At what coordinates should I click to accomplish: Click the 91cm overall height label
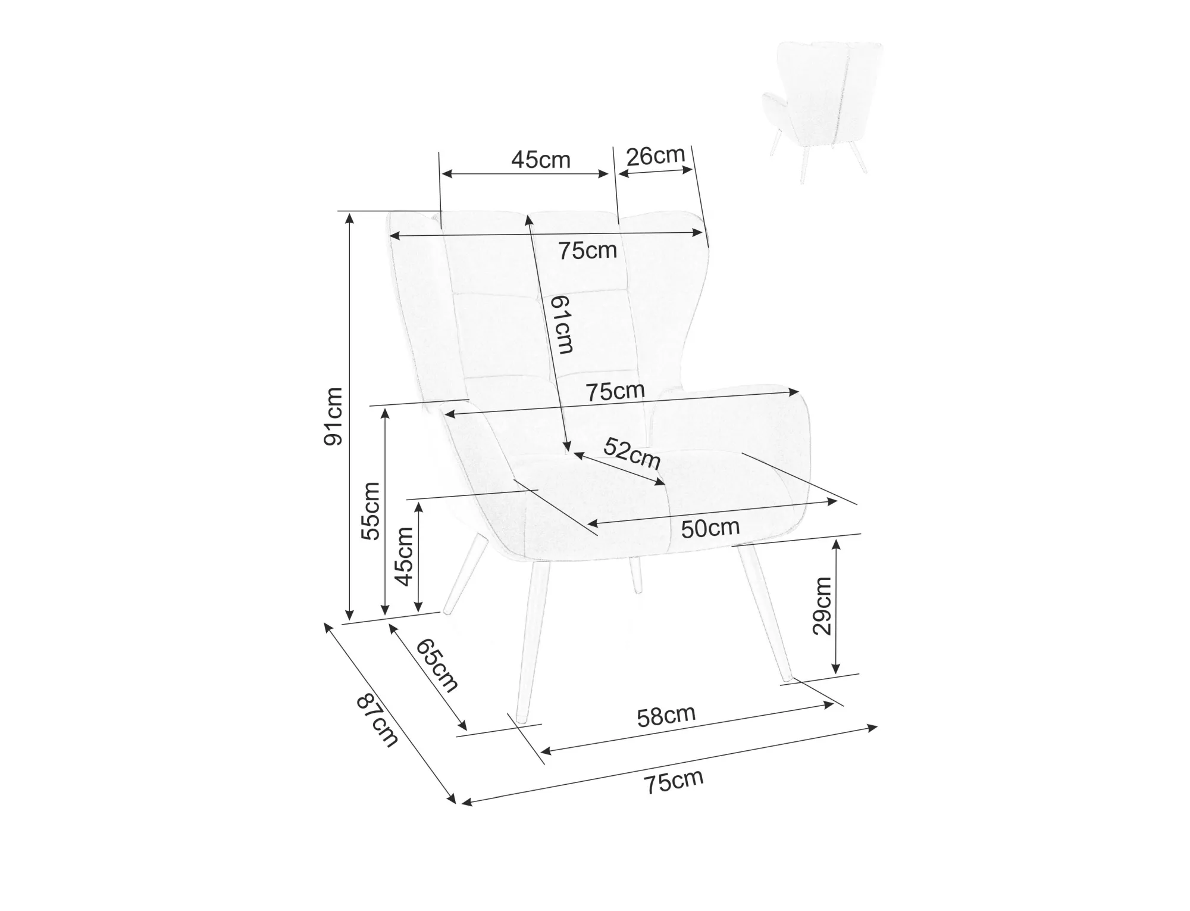[x=333, y=416]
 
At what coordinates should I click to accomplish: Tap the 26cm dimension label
[x=655, y=155]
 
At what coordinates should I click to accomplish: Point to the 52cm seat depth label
[x=632, y=453]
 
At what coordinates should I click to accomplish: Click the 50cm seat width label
[x=710, y=528]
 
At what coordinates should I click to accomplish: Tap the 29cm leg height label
[x=822, y=607]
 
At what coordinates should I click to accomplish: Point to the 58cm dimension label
[x=666, y=716]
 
